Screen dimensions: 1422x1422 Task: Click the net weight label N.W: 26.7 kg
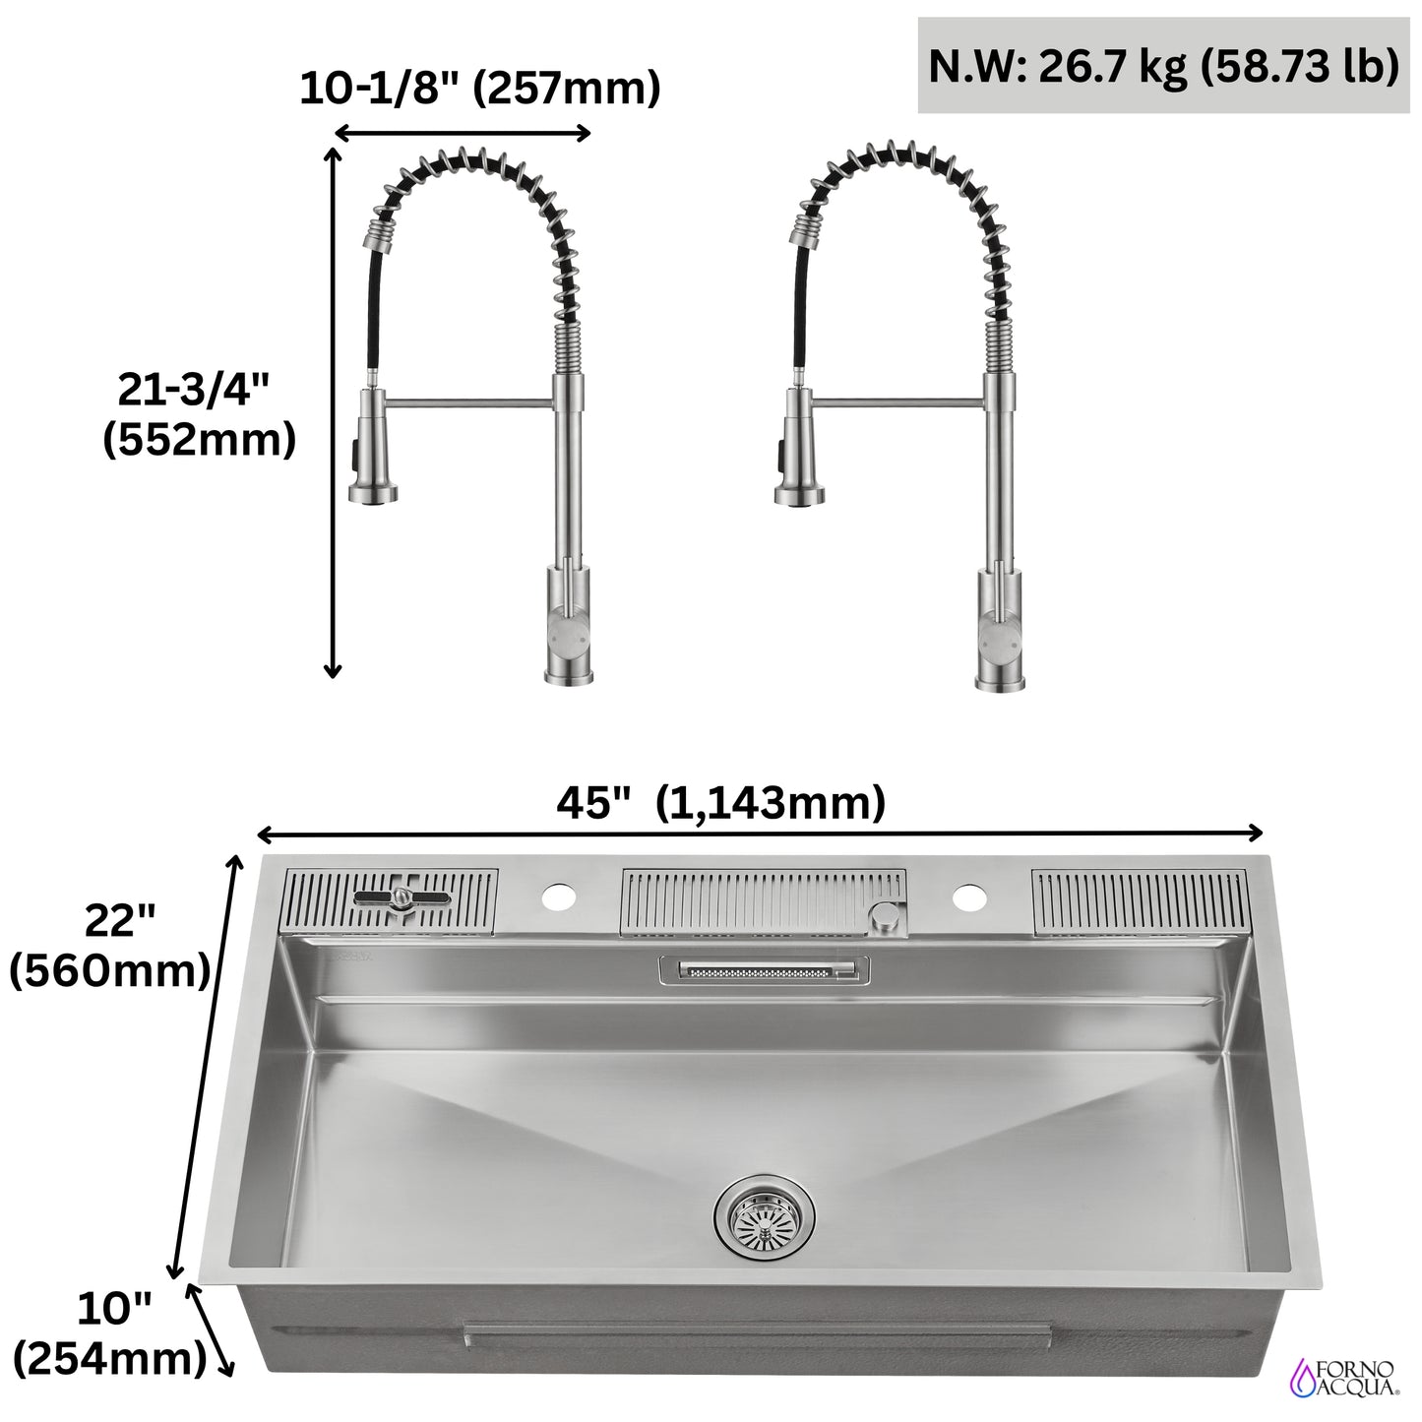[x=1162, y=67]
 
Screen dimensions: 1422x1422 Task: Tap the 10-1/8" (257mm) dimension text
[x=479, y=89]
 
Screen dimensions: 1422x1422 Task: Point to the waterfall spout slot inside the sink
[x=763, y=971]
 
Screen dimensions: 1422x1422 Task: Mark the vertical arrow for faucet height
[x=333, y=413]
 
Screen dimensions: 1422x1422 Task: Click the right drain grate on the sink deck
[x=1140, y=901]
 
